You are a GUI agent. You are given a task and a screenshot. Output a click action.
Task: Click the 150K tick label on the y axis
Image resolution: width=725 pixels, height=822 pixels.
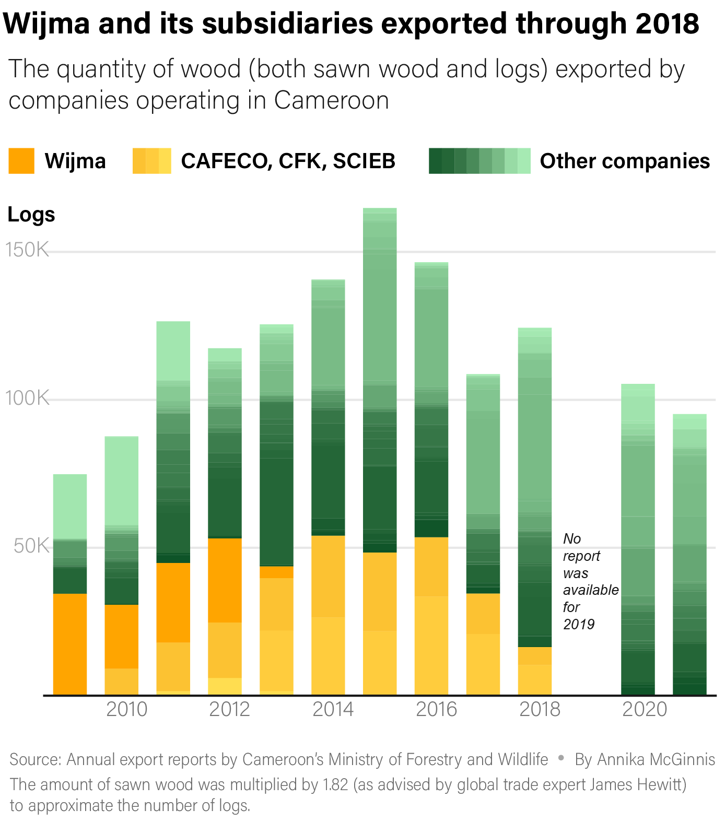(27, 250)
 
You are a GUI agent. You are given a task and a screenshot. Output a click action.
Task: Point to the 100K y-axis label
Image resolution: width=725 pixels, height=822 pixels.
(27, 398)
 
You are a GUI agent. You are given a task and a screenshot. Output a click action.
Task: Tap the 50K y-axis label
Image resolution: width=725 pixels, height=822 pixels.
(31, 546)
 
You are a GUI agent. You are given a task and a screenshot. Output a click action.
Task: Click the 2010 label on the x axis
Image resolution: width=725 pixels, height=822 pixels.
(126, 709)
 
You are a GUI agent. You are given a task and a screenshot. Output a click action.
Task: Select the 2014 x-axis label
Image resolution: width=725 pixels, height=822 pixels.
(333, 709)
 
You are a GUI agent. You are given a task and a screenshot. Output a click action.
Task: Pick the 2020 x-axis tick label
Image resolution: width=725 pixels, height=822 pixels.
(644, 709)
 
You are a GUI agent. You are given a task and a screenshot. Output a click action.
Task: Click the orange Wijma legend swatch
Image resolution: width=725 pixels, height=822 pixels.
(21, 161)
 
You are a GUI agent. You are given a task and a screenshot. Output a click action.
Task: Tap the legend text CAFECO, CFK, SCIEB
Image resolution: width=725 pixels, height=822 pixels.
(288, 161)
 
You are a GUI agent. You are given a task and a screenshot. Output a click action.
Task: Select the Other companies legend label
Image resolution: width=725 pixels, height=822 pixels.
(624, 161)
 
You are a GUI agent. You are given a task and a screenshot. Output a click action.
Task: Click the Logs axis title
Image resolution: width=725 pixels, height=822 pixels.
(31, 215)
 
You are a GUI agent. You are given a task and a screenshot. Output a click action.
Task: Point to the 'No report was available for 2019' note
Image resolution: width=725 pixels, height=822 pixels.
(590, 581)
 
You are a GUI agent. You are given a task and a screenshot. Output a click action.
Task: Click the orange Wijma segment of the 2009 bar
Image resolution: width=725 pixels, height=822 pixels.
(70, 643)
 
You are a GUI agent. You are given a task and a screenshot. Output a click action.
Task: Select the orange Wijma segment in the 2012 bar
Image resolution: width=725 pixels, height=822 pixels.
(225, 580)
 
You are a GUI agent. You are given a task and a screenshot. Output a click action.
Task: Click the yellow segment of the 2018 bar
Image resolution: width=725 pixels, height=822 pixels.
(534, 671)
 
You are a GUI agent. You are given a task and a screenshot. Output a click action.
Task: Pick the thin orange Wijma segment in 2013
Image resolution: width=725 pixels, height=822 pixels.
(276, 572)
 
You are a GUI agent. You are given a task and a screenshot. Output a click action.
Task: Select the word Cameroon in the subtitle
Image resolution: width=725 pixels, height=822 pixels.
(331, 100)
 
